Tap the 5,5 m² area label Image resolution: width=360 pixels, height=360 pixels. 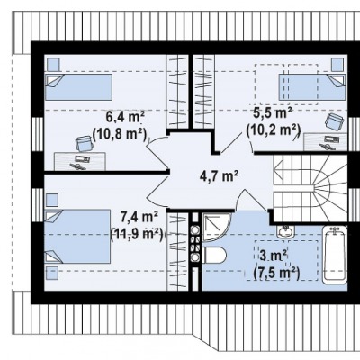[274, 113]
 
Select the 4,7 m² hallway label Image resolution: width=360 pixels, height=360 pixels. [220, 175]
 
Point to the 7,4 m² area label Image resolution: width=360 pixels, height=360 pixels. [139, 216]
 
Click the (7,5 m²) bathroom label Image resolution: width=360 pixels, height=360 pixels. [276, 273]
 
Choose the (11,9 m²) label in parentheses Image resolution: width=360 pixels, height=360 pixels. [138, 233]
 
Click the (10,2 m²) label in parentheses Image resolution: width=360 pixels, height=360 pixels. [274, 130]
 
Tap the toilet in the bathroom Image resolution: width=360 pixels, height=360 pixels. [214, 256]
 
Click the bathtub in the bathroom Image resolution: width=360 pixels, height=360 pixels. [335, 255]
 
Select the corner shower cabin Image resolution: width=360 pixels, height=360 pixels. [217, 227]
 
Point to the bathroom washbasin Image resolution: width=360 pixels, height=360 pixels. [285, 231]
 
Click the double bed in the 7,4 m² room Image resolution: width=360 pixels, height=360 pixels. [77, 237]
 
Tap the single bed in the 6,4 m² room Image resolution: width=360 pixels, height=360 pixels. [78, 87]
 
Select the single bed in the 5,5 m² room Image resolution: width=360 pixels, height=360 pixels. [312, 87]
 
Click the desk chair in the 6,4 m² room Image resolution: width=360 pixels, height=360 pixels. [84, 143]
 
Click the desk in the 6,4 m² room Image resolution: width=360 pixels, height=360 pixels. [80, 161]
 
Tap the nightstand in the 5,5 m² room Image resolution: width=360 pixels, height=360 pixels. [337, 65]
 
